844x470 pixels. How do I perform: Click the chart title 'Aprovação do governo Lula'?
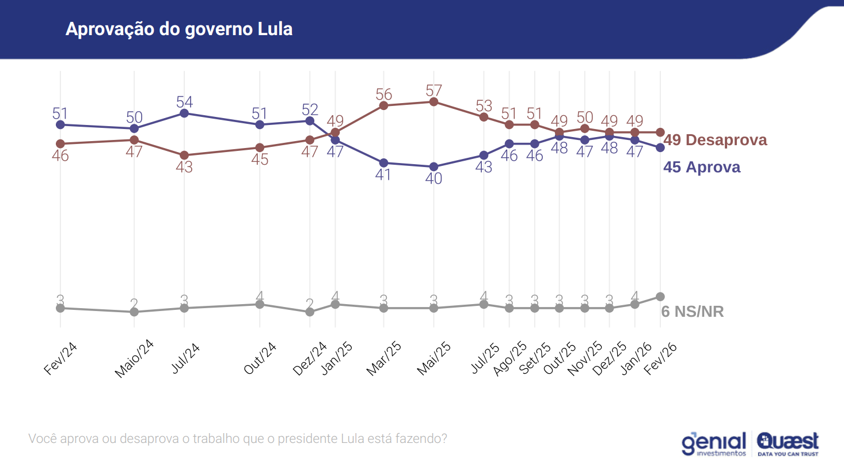click(179, 29)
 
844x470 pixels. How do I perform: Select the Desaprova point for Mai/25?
click(434, 102)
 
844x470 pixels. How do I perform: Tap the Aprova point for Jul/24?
click(184, 113)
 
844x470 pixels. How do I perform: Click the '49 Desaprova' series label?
click(715, 140)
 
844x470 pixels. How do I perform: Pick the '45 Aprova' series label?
click(702, 167)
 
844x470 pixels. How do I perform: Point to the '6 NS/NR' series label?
click(693, 312)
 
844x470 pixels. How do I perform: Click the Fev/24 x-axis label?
click(60, 358)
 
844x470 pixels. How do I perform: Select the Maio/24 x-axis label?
click(134, 359)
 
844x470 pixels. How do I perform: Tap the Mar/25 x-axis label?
click(384, 358)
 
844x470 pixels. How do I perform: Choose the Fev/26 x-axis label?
click(660, 358)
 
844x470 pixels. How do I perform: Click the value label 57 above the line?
click(434, 90)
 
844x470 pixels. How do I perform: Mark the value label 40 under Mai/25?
click(434, 179)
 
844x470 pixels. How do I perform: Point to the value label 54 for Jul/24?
click(184, 102)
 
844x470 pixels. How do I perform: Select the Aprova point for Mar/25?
click(383, 163)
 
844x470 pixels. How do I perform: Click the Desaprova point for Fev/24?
click(60, 143)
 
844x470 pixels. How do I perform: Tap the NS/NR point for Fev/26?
click(660, 297)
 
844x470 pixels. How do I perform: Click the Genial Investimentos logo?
click(714, 444)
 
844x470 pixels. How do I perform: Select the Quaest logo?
click(788, 444)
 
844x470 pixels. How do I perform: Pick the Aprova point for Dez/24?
click(310, 121)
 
